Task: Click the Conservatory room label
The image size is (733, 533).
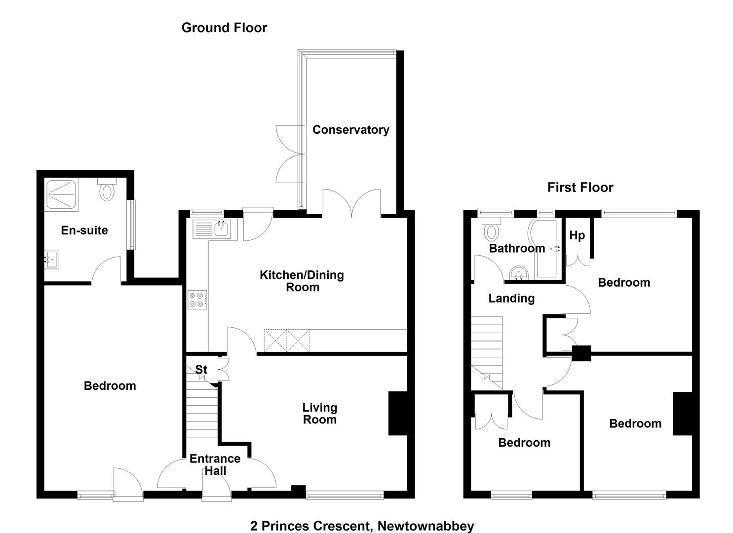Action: click(351, 130)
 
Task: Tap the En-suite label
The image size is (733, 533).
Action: click(84, 230)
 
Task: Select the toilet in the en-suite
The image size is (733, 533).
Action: click(107, 190)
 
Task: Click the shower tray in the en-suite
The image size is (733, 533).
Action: click(62, 194)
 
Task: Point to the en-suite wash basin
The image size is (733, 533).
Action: click(51, 260)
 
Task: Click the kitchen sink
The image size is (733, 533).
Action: click(213, 229)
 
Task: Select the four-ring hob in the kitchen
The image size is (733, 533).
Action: click(197, 300)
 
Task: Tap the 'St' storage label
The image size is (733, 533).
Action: click(201, 370)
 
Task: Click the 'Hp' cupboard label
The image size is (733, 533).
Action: click(577, 235)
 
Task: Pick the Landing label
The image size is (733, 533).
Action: click(511, 299)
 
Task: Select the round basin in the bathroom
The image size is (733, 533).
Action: click(519, 273)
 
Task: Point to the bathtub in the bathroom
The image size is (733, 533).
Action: click(546, 249)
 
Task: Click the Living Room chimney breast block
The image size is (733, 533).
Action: click(398, 413)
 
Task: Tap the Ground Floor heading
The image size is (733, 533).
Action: click(224, 28)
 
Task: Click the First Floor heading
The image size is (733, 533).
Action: click(580, 188)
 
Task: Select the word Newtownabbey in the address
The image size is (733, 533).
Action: click(425, 526)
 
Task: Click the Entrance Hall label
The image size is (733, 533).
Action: click(215, 464)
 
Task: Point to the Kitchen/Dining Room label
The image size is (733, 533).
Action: click(302, 281)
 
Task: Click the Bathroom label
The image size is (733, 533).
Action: click(517, 249)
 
